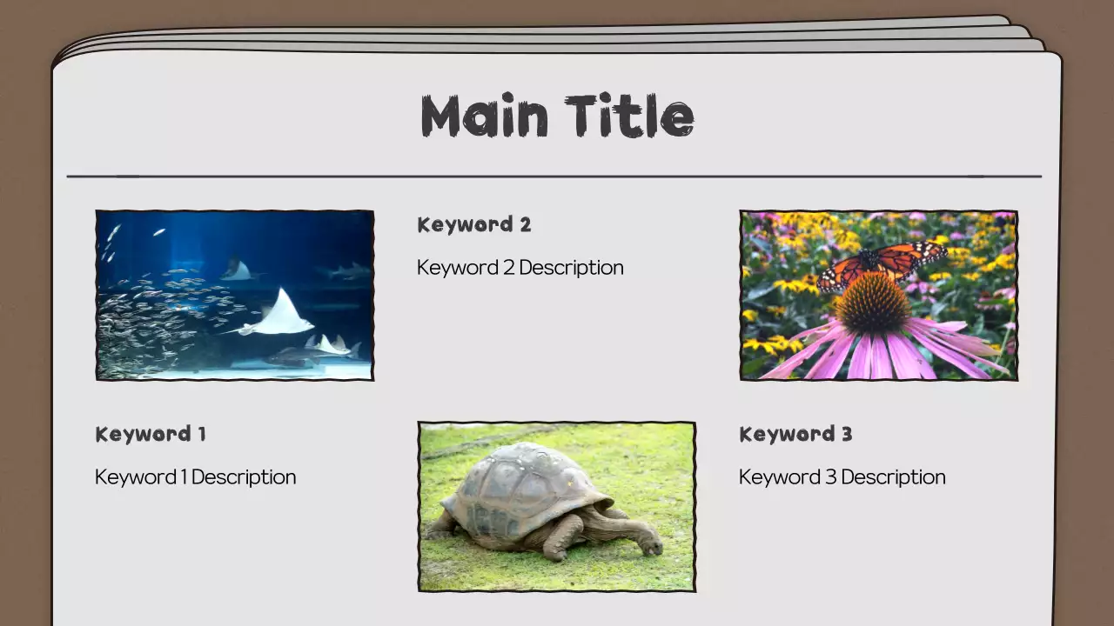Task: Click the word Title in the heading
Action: coord(629,117)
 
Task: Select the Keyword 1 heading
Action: coord(151,434)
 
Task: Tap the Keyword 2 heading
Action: coord(474,224)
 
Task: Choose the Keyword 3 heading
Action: coord(795,434)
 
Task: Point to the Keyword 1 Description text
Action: coord(196,476)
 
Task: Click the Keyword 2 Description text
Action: coord(520,267)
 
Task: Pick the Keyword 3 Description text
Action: coord(842,476)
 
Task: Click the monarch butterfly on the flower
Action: coord(881,263)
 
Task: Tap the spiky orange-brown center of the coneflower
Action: coord(872,303)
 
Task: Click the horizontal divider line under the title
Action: coord(554,176)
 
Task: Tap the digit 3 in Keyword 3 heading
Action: coord(846,434)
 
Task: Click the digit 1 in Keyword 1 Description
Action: coord(184,476)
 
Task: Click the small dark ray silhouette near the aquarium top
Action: coord(235,270)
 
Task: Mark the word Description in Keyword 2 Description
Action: coord(572,267)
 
